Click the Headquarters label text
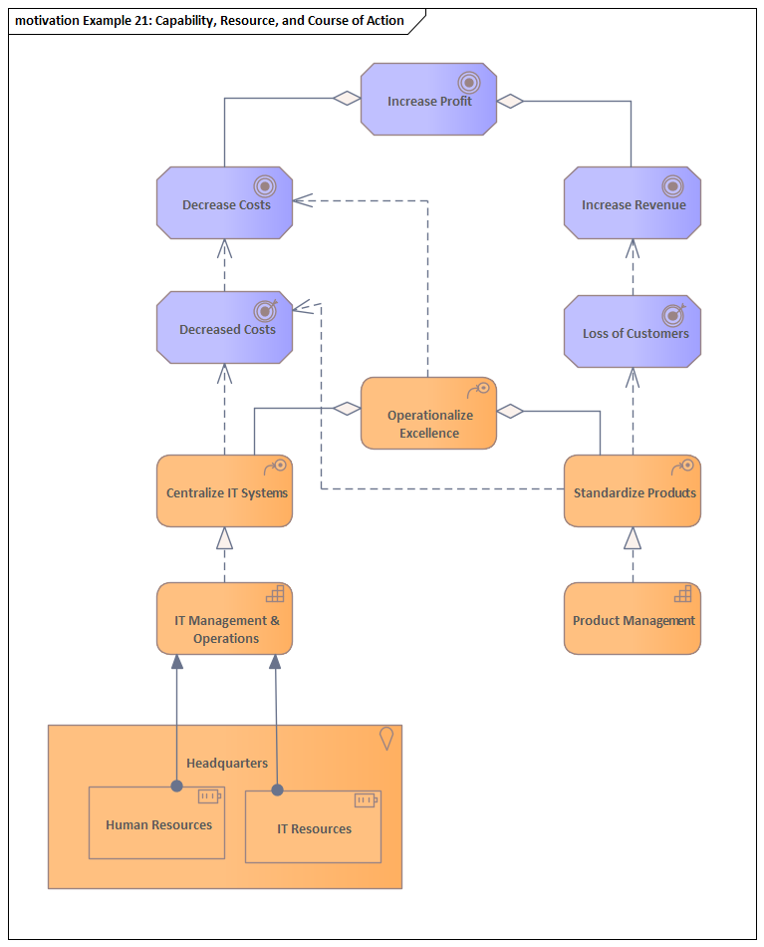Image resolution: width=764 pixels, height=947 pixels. (227, 763)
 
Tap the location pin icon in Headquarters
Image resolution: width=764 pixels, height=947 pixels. (386, 738)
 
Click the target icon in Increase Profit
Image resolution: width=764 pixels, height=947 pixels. (468, 82)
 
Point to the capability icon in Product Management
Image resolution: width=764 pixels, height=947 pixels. (682, 594)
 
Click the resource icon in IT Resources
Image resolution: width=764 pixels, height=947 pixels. (366, 799)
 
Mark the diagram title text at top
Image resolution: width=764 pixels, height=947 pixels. (209, 20)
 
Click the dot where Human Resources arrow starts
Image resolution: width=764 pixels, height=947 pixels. (176, 786)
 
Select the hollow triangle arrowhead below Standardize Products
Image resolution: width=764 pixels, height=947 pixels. (633, 539)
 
